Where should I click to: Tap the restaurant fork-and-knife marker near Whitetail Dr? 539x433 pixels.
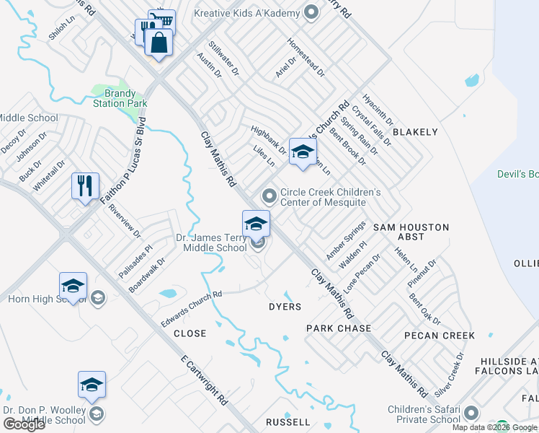pos(85,186)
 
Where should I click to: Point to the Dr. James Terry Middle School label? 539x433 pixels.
pos(212,242)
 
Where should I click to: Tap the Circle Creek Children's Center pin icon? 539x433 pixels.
pos(269,196)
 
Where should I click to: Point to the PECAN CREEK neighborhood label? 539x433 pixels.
pos(440,336)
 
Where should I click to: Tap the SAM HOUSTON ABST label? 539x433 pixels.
pos(411,232)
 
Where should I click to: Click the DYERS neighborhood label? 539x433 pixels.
pos(285,307)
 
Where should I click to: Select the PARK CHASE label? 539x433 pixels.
pos(339,328)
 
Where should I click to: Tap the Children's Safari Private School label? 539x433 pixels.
pos(424,415)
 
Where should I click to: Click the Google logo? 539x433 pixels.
pos(24,424)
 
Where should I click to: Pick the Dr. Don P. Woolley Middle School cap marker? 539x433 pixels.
pos(92,385)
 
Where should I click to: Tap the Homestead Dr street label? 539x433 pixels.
pos(306,57)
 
